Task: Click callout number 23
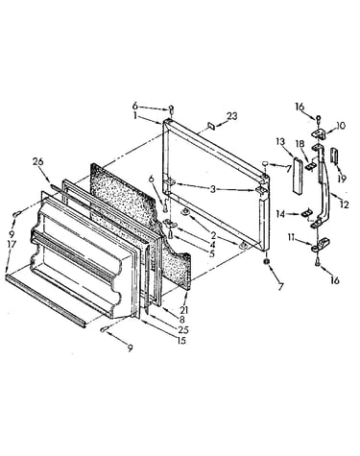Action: pyautogui.click(x=231, y=116)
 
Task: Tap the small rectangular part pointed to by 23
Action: pyautogui.click(x=211, y=126)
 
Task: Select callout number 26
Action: pyautogui.click(x=38, y=162)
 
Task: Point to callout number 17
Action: pyautogui.click(x=12, y=245)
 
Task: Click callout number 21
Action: pyautogui.click(x=184, y=309)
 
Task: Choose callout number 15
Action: pyautogui.click(x=180, y=340)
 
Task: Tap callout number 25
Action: pyautogui.click(x=183, y=329)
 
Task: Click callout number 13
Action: pyautogui.click(x=280, y=141)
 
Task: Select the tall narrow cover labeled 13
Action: pyautogui.click(x=298, y=175)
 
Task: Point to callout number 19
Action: pyautogui.click(x=342, y=179)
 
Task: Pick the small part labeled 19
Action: pyautogui.click(x=334, y=156)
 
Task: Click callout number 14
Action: pyautogui.click(x=280, y=214)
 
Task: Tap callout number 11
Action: pyautogui.click(x=291, y=237)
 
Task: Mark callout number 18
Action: pyautogui.click(x=300, y=143)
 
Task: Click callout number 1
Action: pyautogui.click(x=135, y=115)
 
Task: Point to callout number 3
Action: pyautogui.click(x=213, y=189)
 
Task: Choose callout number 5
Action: pyautogui.click(x=211, y=254)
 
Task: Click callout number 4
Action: pyautogui.click(x=211, y=245)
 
